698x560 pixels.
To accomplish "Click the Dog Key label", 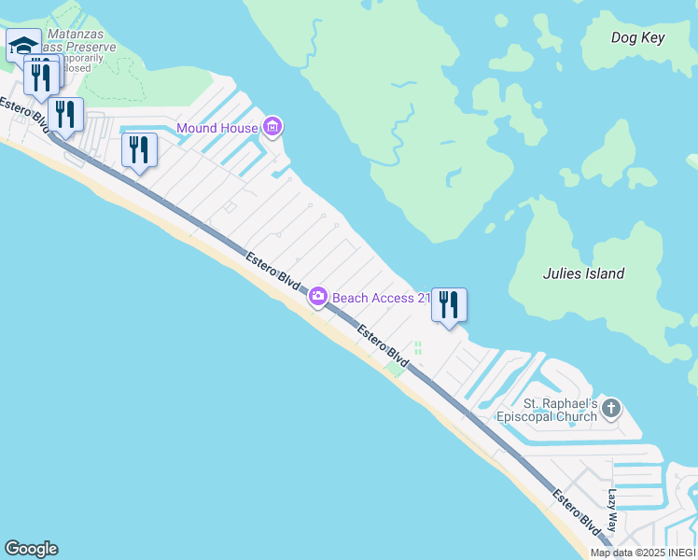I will pos(637,37).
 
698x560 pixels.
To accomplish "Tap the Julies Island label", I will pos(583,273).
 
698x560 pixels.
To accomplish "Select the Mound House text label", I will pos(216,128).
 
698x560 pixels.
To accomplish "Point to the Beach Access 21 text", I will pos(381,298).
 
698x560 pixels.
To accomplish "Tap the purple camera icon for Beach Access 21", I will pos(318,297).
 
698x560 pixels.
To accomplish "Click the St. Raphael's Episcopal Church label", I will pos(559,410).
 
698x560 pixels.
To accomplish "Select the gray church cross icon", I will pos(611,408).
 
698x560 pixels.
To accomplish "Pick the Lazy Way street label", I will pos(613,511).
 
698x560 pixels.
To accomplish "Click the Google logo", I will pos(31,549).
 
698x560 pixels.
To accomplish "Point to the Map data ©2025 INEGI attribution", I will pos(643,553).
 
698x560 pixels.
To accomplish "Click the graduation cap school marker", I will pos(22,45).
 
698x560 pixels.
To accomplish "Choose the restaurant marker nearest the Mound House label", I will pos(139,149).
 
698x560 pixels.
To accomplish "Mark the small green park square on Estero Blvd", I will pos(396,371).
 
